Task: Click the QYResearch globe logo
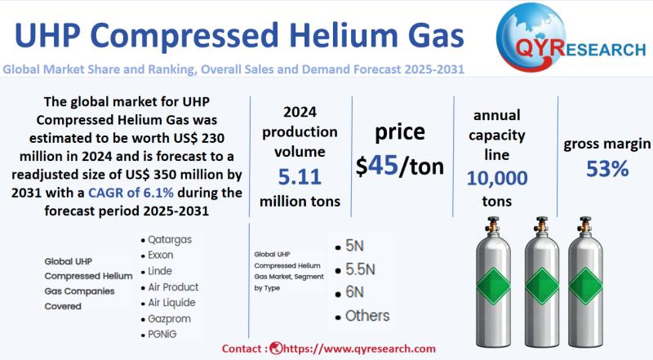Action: pos(531,38)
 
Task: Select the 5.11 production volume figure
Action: pos(300,176)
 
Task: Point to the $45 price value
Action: pos(377,166)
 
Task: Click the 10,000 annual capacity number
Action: pos(497,178)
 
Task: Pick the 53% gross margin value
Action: pos(607,169)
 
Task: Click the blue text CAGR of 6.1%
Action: pos(131,193)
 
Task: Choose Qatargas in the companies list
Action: pos(170,239)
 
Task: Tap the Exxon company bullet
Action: pos(160,255)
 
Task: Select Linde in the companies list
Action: pos(160,271)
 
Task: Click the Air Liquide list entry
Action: pos(171,303)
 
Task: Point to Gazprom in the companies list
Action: pos(169,318)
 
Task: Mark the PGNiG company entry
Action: pos(162,334)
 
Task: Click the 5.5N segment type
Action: pos(360,269)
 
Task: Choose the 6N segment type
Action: pos(354,292)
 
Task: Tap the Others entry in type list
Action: pos(367,316)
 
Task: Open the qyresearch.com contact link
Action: pos(359,349)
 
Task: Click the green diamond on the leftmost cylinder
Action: pos(494,286)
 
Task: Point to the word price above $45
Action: pos(400,132)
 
